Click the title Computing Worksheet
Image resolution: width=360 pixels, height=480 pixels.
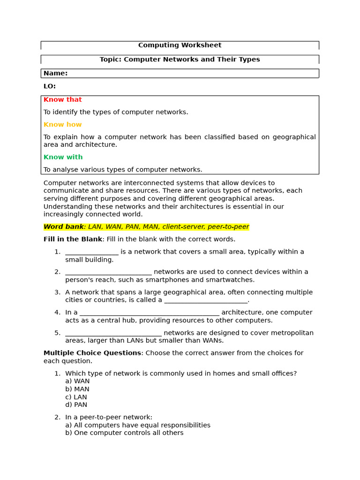click(x=180, y=45)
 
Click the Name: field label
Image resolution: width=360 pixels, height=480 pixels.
click(x=55, y=74)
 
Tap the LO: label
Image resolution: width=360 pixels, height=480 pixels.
click(x=50, y=86)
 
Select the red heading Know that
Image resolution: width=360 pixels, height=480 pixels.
click(x=62, y=100)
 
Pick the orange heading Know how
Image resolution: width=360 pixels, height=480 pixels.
click(x=62, y=125)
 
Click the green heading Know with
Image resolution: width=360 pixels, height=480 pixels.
click(x=63, y=157)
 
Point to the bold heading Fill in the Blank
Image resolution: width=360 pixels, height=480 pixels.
click(x=73, y=240)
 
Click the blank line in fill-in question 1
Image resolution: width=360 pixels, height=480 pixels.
click(x=92, y=253)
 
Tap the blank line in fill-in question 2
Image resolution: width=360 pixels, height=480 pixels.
click(x=108, y=273)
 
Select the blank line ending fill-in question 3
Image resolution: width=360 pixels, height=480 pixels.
click(x=205, y=301)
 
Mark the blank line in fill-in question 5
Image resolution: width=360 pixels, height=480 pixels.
click(x=113, y=334)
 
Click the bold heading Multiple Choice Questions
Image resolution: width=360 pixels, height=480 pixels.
click(x=92, y=353)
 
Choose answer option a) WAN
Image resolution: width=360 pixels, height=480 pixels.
click(x=77, y=382)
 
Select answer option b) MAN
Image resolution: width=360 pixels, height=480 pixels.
click(x=77, y=390)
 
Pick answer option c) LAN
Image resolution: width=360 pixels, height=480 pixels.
click(x=76, y=397)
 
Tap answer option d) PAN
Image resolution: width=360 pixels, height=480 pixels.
click(x=76, y=405)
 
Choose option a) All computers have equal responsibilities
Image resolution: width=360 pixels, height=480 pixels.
click(x=138, y=425)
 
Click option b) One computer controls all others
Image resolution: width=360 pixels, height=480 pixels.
click(x=124, y=433)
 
